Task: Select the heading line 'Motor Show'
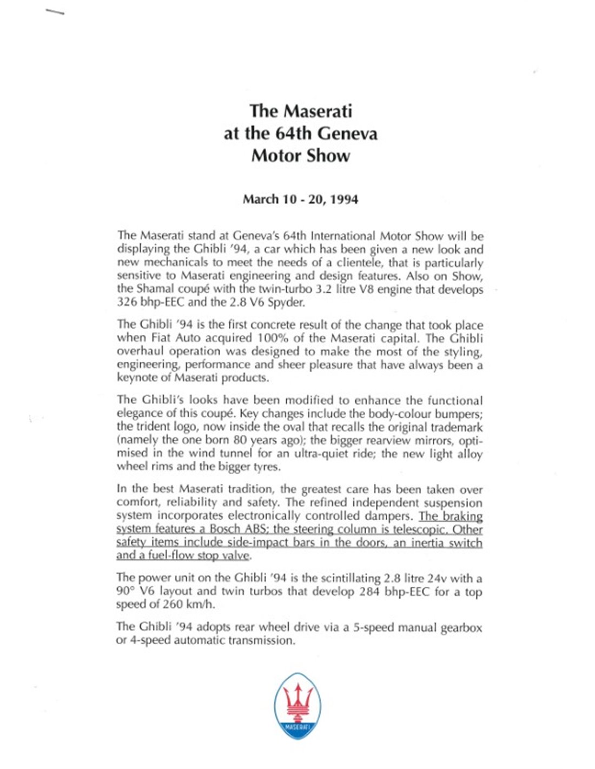[x=301, y=156]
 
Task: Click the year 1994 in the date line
[x=344, y=200]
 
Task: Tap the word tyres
[x=266, y=467]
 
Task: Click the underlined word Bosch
[x=224, y=529]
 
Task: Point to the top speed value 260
[x=174, y=605]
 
